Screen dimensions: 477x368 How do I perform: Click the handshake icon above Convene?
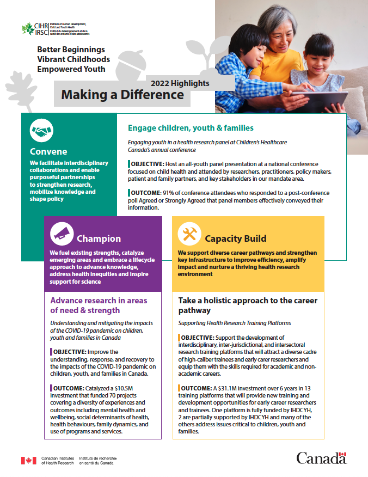(41, 131)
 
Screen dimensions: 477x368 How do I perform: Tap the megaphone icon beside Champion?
(62, 234)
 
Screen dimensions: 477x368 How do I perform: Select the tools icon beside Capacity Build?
(189, 234)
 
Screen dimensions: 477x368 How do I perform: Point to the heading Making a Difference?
(122, 95)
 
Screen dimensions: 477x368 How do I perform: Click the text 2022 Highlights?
(180, 83)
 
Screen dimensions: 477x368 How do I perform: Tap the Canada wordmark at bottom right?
(321, 458)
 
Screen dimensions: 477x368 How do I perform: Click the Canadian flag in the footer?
(28, 461)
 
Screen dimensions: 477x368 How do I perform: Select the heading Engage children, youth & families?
(191, 128)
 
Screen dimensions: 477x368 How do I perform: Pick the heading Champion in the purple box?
(99, 238)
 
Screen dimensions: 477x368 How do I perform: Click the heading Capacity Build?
(235, 238)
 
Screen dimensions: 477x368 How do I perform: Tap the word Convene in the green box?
(49, 151)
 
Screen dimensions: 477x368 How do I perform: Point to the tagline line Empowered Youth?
(71, 69)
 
